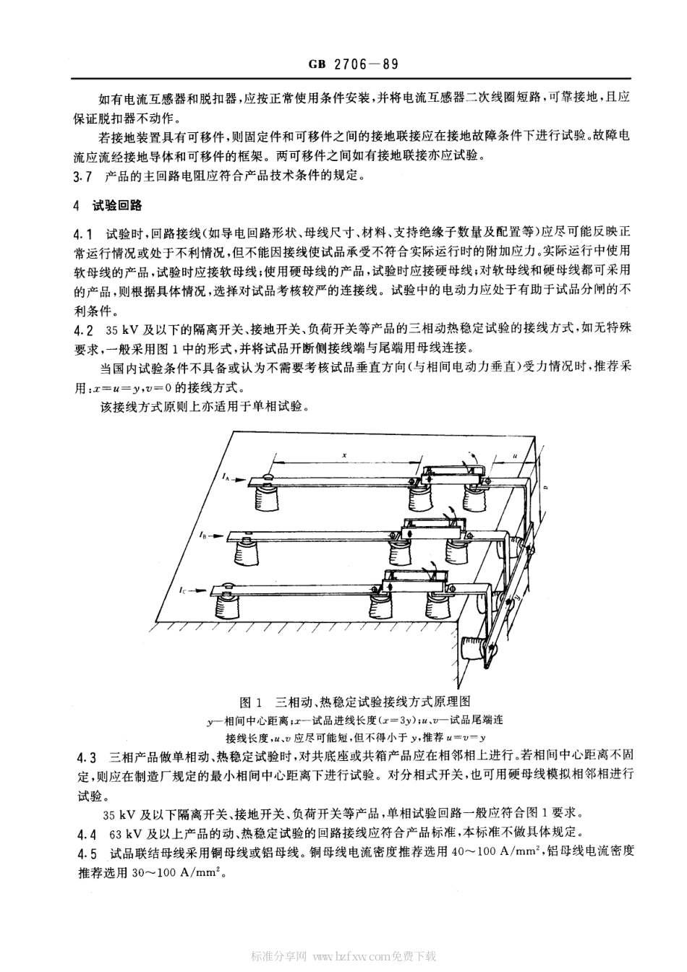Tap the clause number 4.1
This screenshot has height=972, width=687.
[85, 234]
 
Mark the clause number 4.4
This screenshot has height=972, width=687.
[85, 832]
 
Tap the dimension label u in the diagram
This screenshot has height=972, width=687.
[514, 455]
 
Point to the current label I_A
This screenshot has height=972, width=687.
[226, 477]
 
